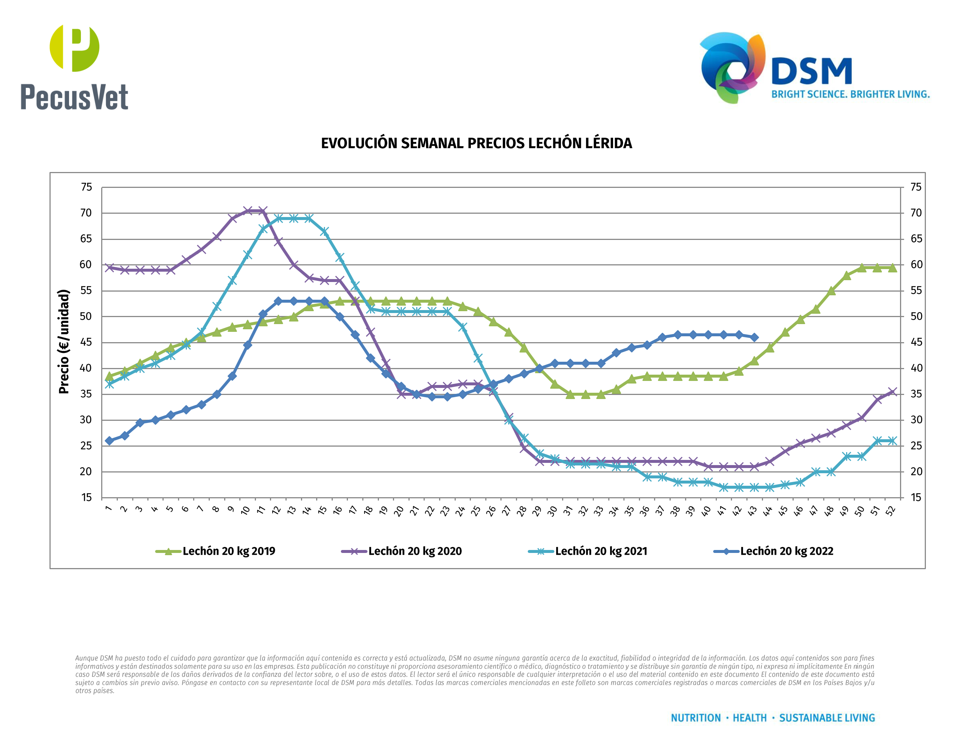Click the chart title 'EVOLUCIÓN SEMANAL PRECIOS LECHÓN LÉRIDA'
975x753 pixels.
click(x=476, y=143)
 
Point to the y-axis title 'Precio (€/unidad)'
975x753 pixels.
click(x=64, y=342)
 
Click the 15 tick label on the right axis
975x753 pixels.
click(x=916, y=498)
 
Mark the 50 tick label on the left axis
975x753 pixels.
click(x=86, y=317)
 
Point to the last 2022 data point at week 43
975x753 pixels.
click(x=755, y=337)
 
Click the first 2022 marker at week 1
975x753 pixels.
click(x=109, y=441)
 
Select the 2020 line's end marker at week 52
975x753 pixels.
click(x=892, y=392)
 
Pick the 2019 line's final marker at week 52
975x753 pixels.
click(x=892, y=268)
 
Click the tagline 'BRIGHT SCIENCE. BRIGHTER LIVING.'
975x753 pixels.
click(x=851, y=94)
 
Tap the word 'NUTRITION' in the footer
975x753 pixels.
click(x=695, y=718)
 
